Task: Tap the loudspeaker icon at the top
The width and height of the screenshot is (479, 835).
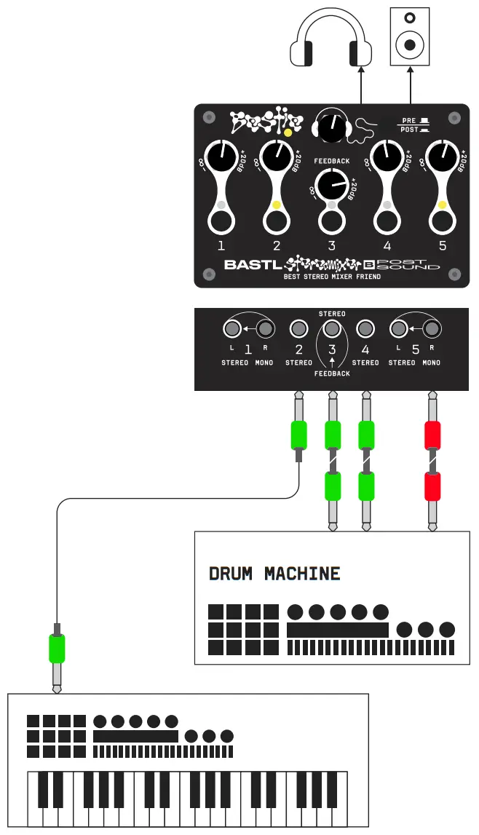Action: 409,36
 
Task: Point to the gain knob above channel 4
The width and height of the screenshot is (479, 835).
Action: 387,154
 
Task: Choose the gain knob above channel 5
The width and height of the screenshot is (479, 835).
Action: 442,154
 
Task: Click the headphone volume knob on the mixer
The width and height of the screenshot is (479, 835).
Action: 332,128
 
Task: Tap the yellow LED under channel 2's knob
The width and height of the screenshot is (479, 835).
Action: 277,206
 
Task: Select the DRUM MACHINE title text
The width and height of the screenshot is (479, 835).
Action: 274,574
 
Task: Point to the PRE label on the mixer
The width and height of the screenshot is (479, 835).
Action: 409,120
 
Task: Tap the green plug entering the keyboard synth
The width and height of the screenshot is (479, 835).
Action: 57,648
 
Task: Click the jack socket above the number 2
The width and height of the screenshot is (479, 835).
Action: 298,330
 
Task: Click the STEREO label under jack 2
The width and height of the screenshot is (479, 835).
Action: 298,362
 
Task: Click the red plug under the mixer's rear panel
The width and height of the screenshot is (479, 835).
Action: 433,435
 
